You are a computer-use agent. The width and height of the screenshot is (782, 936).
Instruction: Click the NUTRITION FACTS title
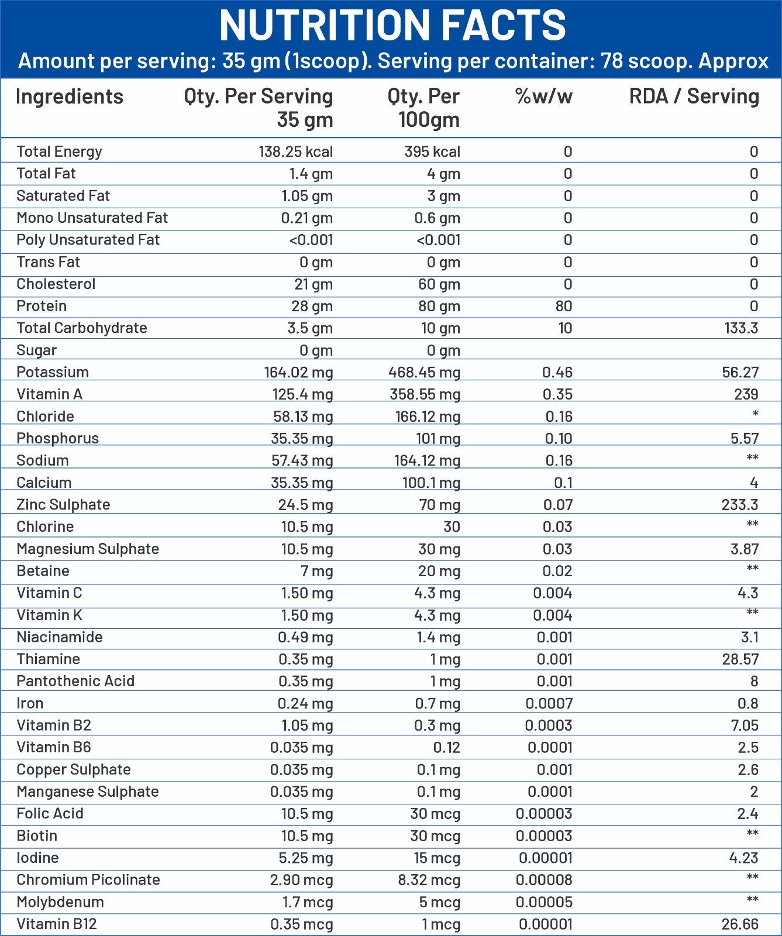(x=392, y=26)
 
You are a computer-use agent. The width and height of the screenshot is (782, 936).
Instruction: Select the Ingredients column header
(x=70, y=97)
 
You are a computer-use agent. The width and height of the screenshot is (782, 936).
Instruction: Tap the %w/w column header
(x=543, y=97)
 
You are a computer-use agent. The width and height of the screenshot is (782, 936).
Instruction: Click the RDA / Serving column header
(x=694, y=97)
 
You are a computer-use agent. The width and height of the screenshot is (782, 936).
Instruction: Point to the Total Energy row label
(x=59, y=152)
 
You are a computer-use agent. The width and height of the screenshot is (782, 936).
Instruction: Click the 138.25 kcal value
(x=295, y=152)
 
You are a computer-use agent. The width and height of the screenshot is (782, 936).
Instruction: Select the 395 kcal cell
(x=432, y=152)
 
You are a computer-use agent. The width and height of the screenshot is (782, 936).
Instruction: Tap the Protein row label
(x=42, y=306)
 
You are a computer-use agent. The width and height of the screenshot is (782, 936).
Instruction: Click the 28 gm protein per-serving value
(x=312, y=307)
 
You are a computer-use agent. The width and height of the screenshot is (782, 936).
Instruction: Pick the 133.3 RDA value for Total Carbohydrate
(x=740, y=328)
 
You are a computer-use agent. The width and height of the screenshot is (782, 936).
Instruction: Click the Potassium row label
(x=53, y=372)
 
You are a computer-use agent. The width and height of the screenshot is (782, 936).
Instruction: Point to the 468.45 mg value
(x=424, y=373)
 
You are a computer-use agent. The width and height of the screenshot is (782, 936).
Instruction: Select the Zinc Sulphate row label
(x=63, y=504)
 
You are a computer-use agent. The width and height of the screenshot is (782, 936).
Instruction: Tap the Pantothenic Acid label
(x=75, y=681)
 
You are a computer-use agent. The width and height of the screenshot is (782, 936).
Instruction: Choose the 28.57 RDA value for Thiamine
(x=740, y=659)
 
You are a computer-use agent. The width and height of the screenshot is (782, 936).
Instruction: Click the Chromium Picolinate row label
(x=88, y=880)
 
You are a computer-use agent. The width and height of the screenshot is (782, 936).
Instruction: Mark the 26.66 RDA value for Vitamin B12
(x=740, y=924)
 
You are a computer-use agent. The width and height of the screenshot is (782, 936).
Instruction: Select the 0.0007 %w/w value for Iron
(x=549, y=704)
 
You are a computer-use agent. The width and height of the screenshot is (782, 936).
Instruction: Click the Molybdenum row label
(x=60, y=902)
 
